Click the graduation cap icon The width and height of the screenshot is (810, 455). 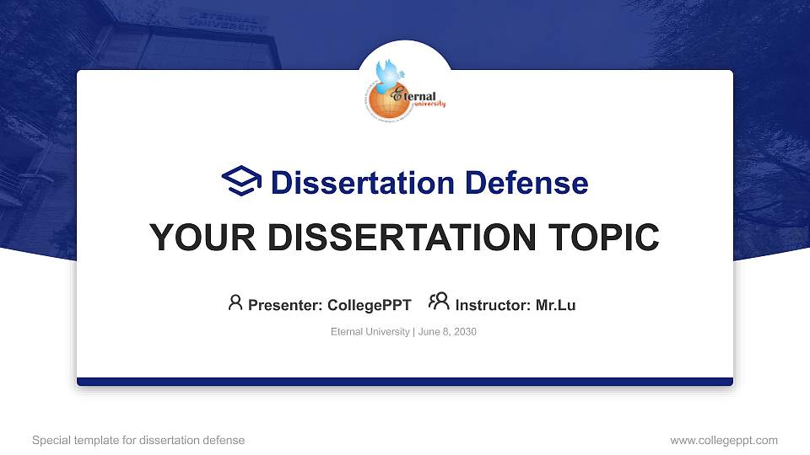pos(241,181)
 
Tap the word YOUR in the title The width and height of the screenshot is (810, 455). pos(197,238)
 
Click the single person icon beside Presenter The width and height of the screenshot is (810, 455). pos(235,302)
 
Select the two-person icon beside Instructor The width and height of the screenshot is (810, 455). pos(439,302)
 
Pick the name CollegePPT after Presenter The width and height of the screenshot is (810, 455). pos(369,305)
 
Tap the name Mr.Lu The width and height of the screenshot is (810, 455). pos(555,305)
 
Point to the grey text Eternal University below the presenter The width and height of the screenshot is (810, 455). pos(370,332)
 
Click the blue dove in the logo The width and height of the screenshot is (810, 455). pos(390,74)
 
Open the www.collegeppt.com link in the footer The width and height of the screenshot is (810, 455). pos(724,440)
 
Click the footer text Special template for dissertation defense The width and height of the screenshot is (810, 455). pos(138,440)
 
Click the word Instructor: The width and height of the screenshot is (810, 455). pos(494,305)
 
